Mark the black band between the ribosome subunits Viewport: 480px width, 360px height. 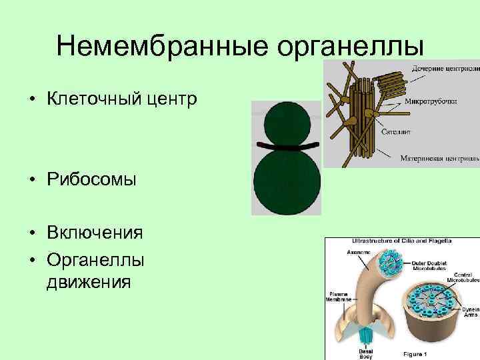(287, 146)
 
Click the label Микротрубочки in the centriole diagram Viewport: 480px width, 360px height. (430, 102)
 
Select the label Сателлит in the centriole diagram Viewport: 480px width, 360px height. (399, 131)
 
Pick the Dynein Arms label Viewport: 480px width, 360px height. (470, 313)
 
